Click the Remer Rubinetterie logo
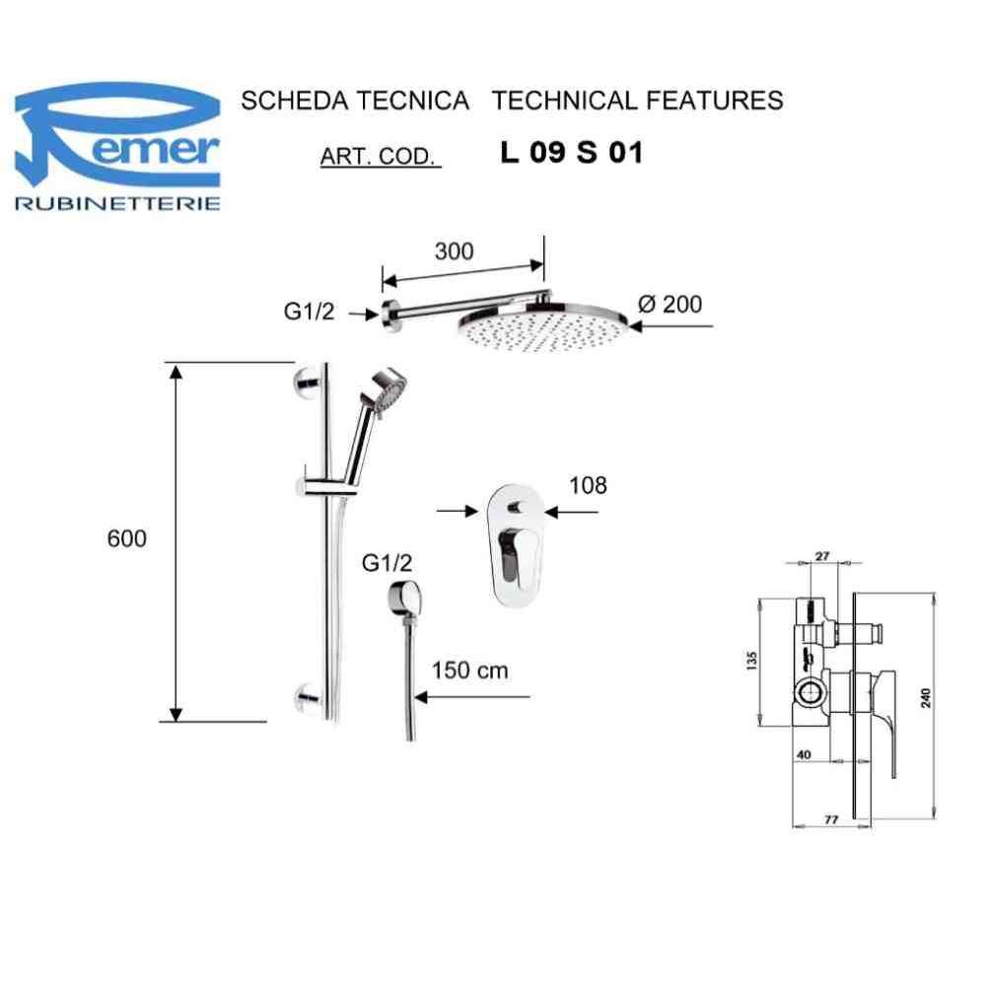click(117, 148)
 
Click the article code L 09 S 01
click(572, 155)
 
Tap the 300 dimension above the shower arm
click(454, 250)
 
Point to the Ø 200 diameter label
click(670, 304)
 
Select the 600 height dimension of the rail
click(127, 539)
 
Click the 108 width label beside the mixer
click(589, 485)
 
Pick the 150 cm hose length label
click(470, 670)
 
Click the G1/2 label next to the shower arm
click(310, 313)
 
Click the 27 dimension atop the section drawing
click(822, 556)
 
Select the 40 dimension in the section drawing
click(803, 754)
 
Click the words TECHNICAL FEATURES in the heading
click(637, 100)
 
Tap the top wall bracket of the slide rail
click(309, 380)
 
